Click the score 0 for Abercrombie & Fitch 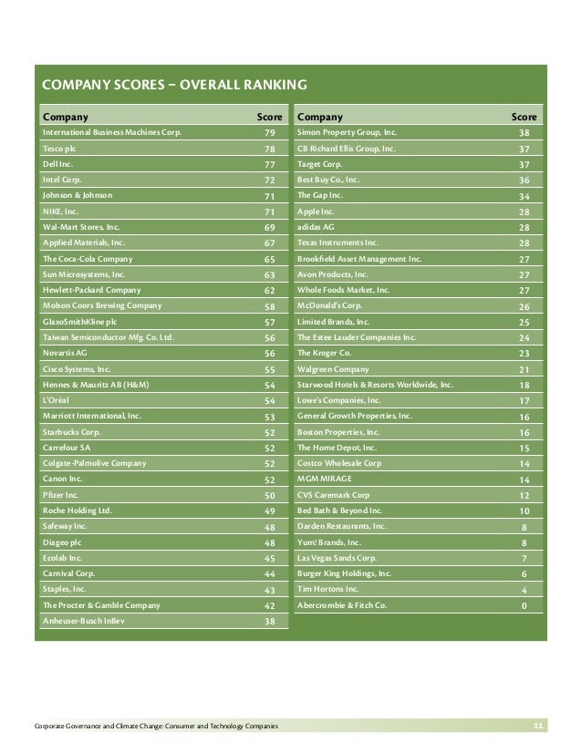point(524,605)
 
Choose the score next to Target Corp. point(524,165)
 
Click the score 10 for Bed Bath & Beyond point(524,511)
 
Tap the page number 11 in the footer point(538,725)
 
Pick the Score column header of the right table point(524,117)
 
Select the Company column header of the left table point(66,117)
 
